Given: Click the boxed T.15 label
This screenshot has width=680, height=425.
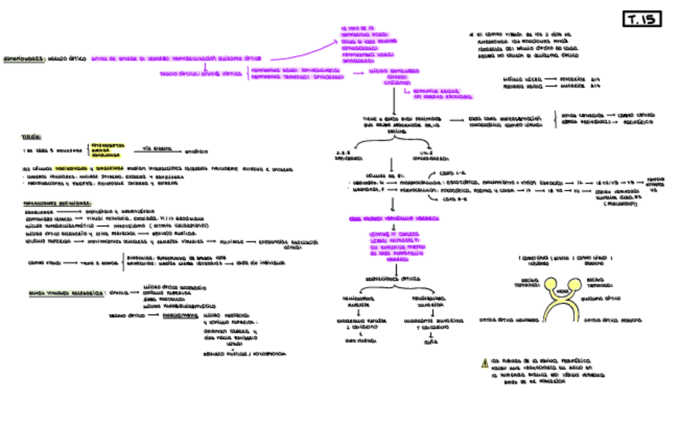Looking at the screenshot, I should (x=643, y=19).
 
